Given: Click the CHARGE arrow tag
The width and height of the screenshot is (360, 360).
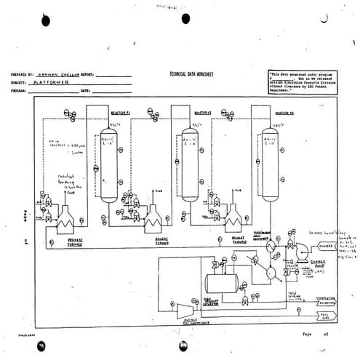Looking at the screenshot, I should [x=325, y=247].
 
